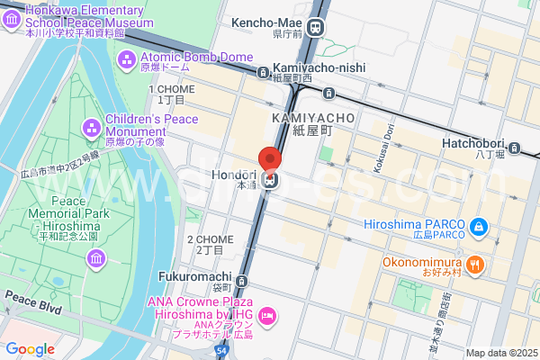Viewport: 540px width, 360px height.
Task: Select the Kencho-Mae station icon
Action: tap(316, 29)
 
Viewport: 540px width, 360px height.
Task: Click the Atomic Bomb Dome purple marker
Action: tap(127, 58)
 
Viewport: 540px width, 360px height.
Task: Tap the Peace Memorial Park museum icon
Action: tap(97, 259)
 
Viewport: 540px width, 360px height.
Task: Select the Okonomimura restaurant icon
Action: tap(476, 265)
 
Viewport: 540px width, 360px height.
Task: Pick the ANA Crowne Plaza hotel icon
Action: tap(266, 316)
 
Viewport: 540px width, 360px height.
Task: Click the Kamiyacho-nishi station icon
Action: tap(262, 70)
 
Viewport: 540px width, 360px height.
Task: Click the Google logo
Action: tap(30, 349)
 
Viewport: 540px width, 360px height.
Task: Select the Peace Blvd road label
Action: tap(31, 296)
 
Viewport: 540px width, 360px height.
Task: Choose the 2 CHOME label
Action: tap(210, 239)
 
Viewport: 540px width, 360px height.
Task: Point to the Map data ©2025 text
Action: tap(500, 353)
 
